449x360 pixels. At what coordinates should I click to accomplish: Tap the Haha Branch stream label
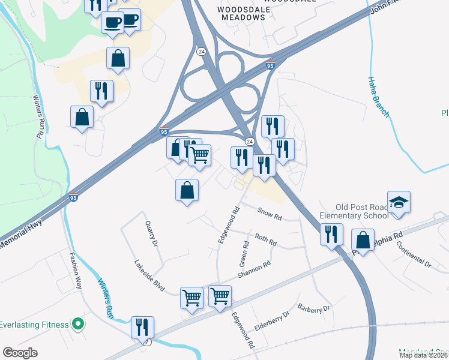379,97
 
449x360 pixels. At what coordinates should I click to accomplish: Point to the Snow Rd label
270,212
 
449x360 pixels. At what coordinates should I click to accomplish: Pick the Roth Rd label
265,239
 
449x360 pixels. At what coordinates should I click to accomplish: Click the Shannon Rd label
255,268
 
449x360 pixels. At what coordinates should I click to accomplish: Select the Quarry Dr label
151,234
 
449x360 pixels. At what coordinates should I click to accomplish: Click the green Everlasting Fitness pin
77,325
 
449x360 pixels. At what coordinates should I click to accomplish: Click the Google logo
20,352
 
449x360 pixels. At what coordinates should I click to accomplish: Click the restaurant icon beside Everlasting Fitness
142,328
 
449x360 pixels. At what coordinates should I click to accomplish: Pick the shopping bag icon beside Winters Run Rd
82,118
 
